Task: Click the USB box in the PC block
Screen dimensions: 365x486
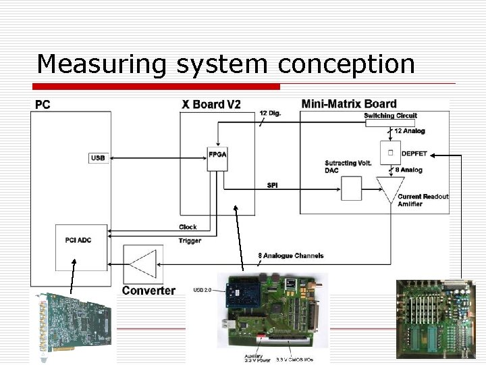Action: (x=98, y=158)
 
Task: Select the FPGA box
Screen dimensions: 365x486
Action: (x=217, y=154)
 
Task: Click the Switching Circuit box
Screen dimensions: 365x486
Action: (x=390, y=116)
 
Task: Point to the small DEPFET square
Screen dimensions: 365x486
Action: (x=389, y=153)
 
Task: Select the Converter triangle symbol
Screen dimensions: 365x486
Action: (x=143, y=264)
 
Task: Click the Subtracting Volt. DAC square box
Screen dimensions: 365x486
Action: (x=351, y=189)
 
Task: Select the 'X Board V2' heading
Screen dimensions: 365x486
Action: (x=211, y=104)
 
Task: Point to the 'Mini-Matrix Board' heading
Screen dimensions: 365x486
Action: (x=348, y=103)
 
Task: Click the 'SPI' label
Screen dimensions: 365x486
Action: (x=273, y=185)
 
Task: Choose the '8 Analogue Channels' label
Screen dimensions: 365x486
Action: (x=291, y=255)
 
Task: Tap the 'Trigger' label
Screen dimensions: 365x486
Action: (x=190, y=241)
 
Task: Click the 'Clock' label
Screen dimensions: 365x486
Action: (x=188, y=227)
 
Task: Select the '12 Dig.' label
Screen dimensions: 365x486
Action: (x=270, y=114)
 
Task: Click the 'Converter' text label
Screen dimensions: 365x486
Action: (x=148, y=291)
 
